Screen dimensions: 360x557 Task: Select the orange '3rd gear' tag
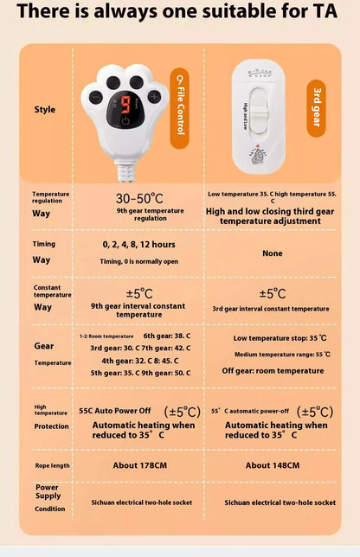(x=316, y=105)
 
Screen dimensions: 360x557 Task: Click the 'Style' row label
(x=45, y=110)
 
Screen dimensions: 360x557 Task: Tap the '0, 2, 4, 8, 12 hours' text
(x=138, y=245)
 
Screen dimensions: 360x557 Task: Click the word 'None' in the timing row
(x=273, y=253)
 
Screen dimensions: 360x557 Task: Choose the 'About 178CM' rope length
(x=139, y=465)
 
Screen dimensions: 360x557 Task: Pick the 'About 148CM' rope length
(x=273, y=465)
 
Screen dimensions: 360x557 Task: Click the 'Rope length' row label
(x=51, y=465)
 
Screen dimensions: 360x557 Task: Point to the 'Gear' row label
(x=44, y=346)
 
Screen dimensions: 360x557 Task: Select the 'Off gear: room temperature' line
(x=273, y=370)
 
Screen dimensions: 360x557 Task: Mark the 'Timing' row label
(x=44, y=244)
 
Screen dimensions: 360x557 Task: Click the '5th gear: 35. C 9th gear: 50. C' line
(x=139, y=373)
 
